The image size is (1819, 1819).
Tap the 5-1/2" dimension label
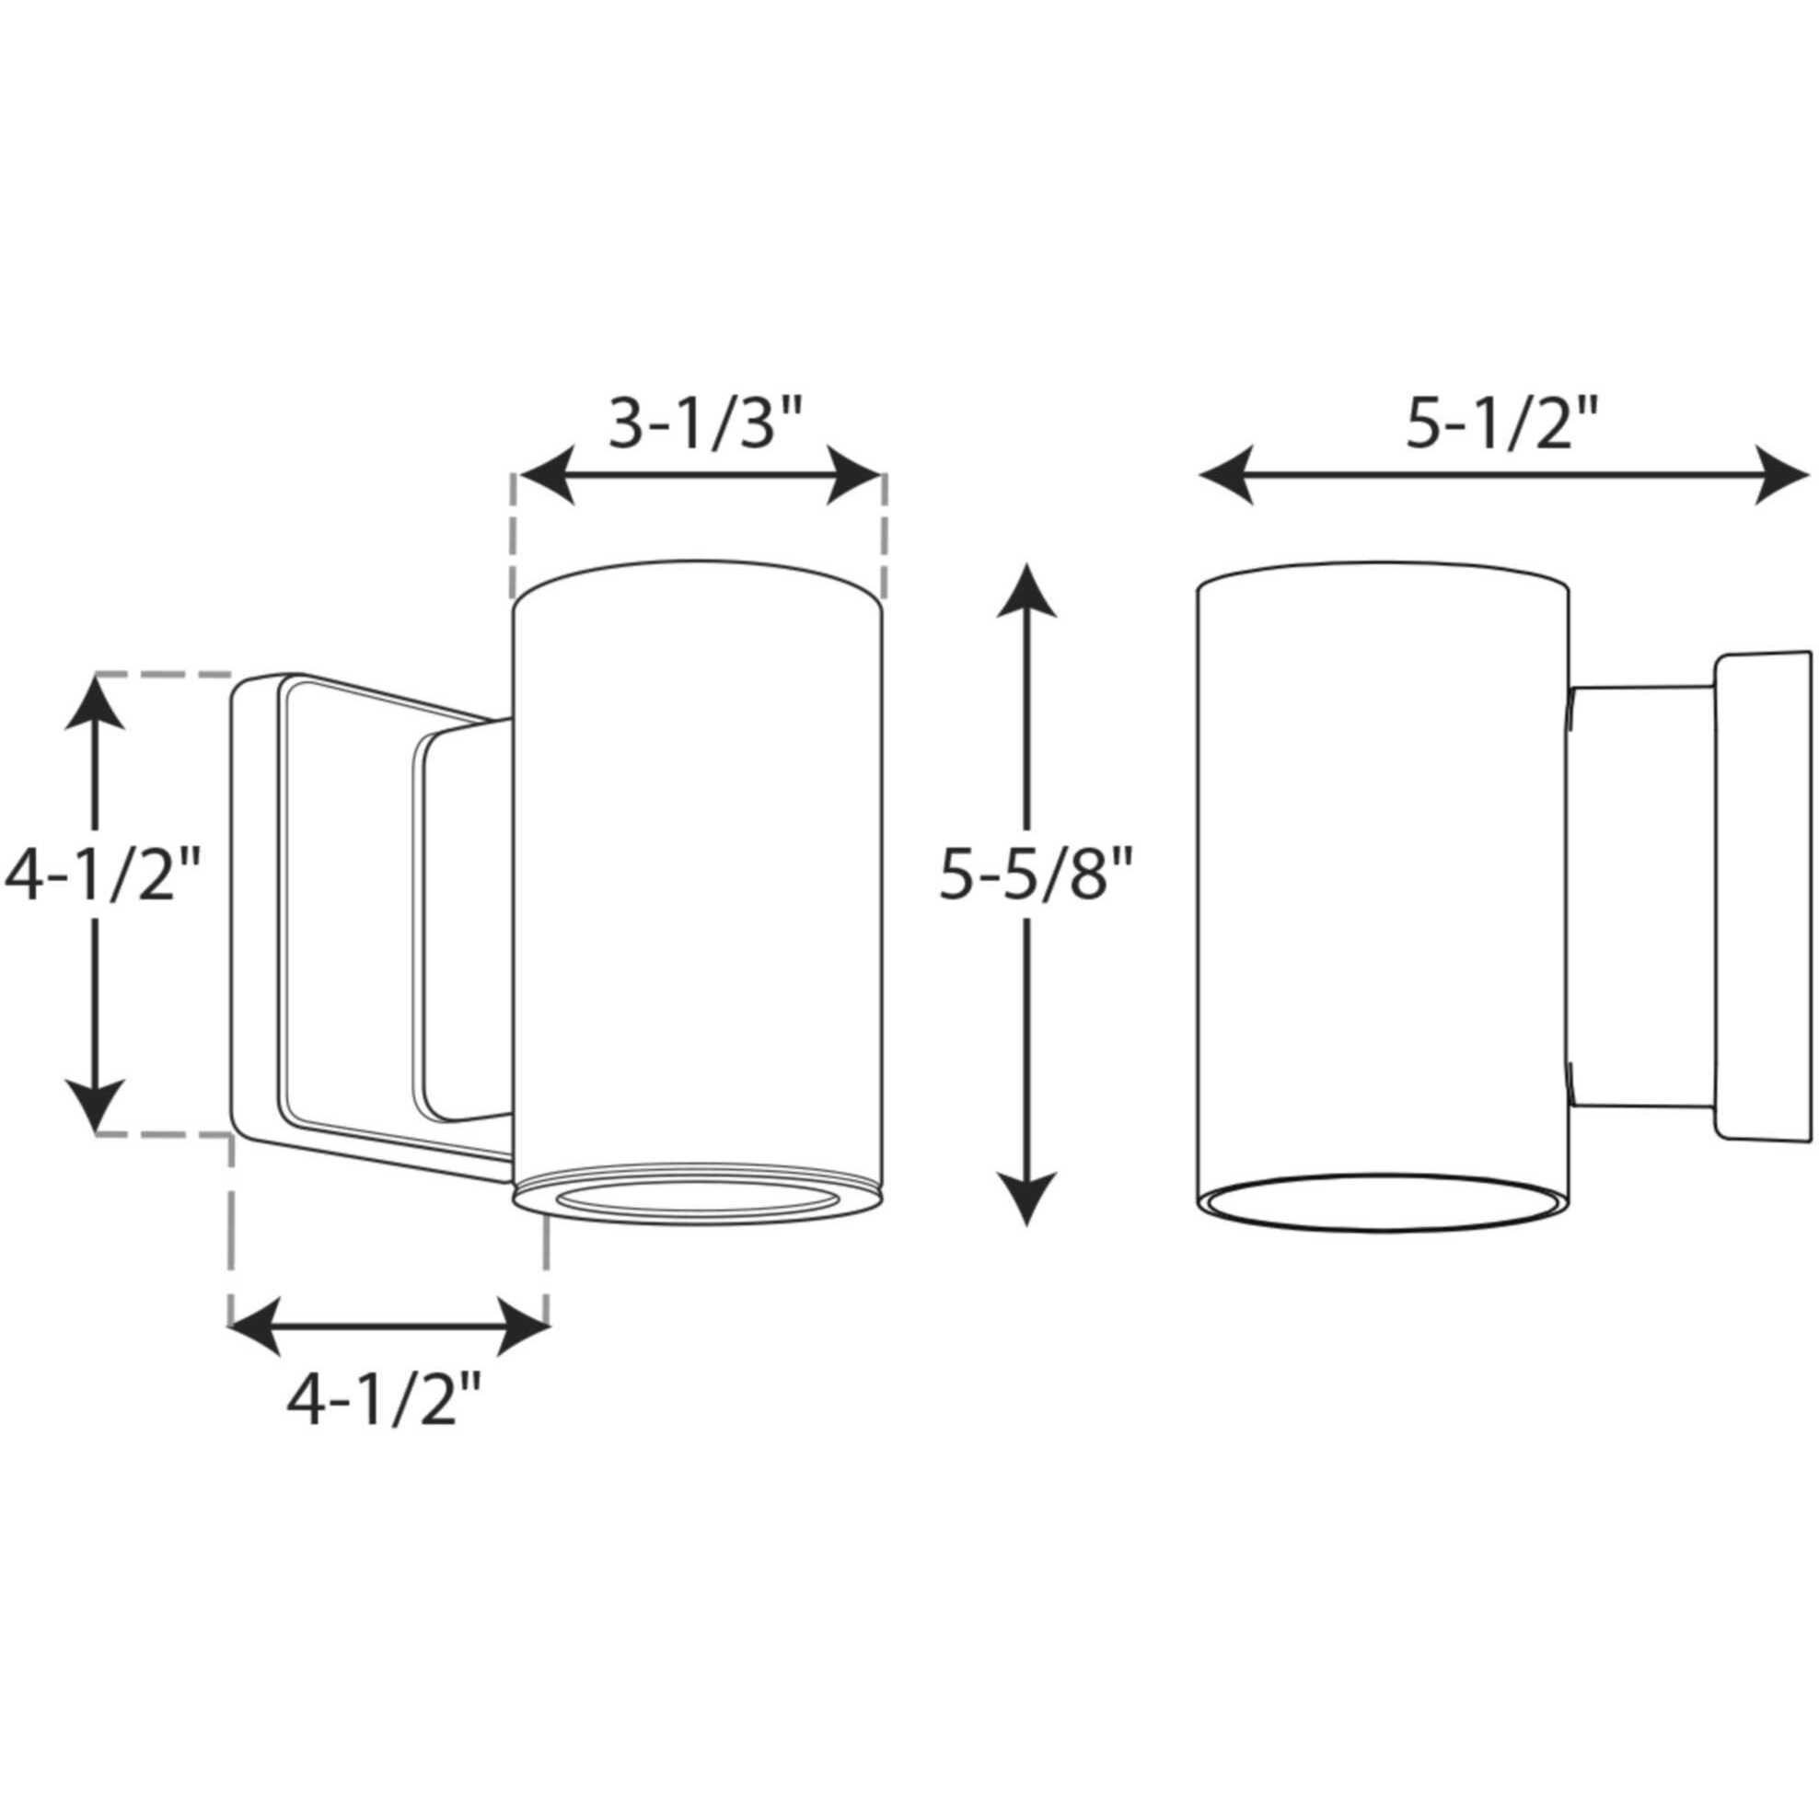click(1501, 423)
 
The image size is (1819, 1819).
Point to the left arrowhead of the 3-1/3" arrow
click(546, 478)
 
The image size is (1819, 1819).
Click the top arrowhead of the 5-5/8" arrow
click(1025, 589)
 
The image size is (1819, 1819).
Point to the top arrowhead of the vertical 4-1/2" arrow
click(95, 702)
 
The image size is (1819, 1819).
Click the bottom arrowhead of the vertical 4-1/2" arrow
click(95, 1106)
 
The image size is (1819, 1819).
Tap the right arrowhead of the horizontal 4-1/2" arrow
click(524, 1327)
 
